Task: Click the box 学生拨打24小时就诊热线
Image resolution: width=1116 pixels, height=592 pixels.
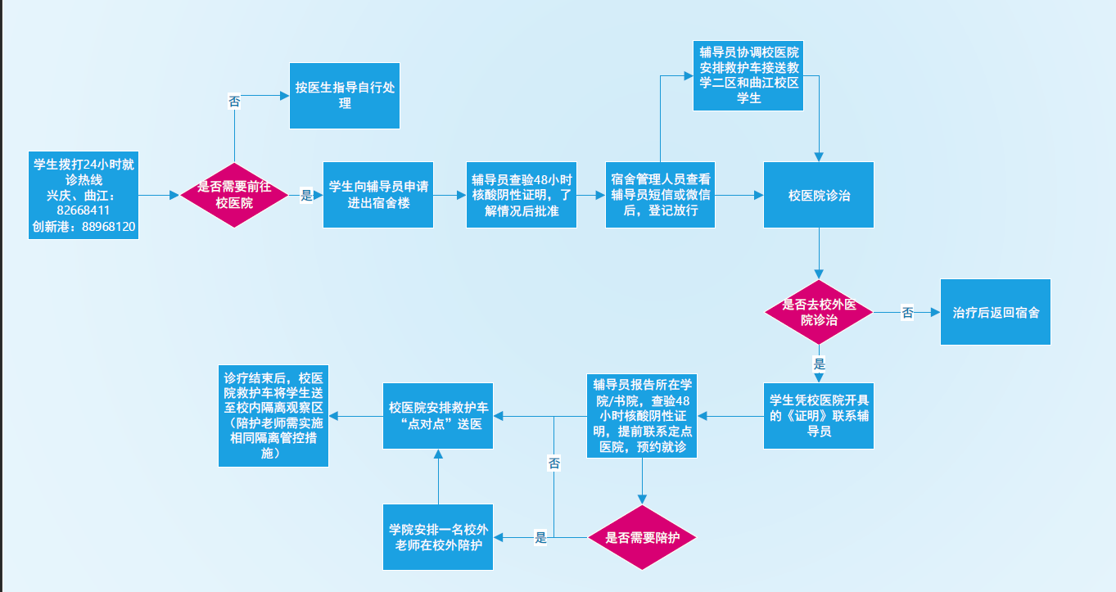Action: click(84, 196)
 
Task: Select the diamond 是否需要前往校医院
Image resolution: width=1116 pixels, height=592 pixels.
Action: click(234, 195)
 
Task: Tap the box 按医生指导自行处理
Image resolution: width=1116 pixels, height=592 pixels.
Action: click(345, 96)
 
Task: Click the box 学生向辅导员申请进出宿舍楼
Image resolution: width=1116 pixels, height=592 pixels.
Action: click(378, 195)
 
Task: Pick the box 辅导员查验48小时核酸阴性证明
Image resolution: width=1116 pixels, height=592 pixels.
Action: click(522, 195)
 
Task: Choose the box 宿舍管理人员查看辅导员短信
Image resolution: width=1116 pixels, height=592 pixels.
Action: click(660, 195)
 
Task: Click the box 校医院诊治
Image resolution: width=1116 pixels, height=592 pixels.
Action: click(819, 195)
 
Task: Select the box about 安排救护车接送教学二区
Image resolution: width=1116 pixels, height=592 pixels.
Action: click(748, 76)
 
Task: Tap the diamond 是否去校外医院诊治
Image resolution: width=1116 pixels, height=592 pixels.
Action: click(819, 312)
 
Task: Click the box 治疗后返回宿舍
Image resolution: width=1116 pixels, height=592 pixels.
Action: click(996, 312)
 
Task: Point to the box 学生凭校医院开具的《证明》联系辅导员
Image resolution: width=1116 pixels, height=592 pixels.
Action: click(819, 416)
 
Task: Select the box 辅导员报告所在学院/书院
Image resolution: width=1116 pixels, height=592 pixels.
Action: click(642, 416)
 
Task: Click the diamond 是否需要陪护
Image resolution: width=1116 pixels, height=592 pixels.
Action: click(642, 537)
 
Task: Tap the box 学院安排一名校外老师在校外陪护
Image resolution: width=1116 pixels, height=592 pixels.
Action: click(438, 537)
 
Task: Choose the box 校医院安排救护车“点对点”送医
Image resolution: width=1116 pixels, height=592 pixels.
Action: click(438, 416)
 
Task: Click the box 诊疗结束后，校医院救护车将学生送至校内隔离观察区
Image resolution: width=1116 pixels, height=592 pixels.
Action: click(273, 416)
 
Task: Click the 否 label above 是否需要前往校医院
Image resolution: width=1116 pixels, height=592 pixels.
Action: click(234, 102)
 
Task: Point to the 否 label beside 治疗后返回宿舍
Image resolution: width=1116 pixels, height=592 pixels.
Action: click(907, 313)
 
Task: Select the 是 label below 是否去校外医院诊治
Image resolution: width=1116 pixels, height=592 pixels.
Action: click(819, 364)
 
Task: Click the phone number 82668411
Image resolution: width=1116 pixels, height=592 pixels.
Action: click(84, 210)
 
